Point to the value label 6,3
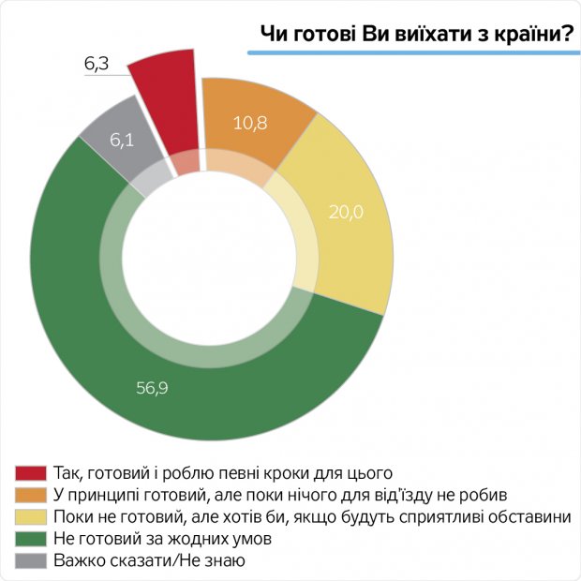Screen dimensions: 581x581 coord(97,64)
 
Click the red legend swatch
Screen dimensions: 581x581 coord(32,471)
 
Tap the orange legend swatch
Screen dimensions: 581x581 coord(32,494)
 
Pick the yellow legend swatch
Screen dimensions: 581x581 coord(32,516)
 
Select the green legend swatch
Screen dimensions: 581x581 coord(32,539)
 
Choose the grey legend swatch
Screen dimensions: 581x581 coord(32,561)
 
